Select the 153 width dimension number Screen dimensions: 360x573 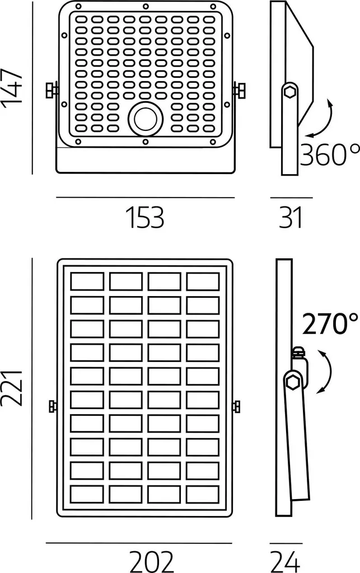[145, 218]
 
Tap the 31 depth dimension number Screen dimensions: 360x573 [291, 218]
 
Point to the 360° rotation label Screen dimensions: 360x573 [330, 154]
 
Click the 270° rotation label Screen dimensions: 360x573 [330, 324]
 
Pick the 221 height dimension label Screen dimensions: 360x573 [12, 388]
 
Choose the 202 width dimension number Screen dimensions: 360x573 [151, 562]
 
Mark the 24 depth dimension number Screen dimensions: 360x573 [286, 562]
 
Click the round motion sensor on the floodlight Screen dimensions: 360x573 [145, 119]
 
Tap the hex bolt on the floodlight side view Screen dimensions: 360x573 [291, 91]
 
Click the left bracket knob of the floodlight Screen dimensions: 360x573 [52, 90]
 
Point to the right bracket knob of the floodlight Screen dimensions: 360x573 [239, 90]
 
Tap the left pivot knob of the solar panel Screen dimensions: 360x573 [53, 406]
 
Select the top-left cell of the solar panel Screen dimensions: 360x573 [87, 281]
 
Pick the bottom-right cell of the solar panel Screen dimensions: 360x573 [203, 494]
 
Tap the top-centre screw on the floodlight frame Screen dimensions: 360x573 [146, 6]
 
